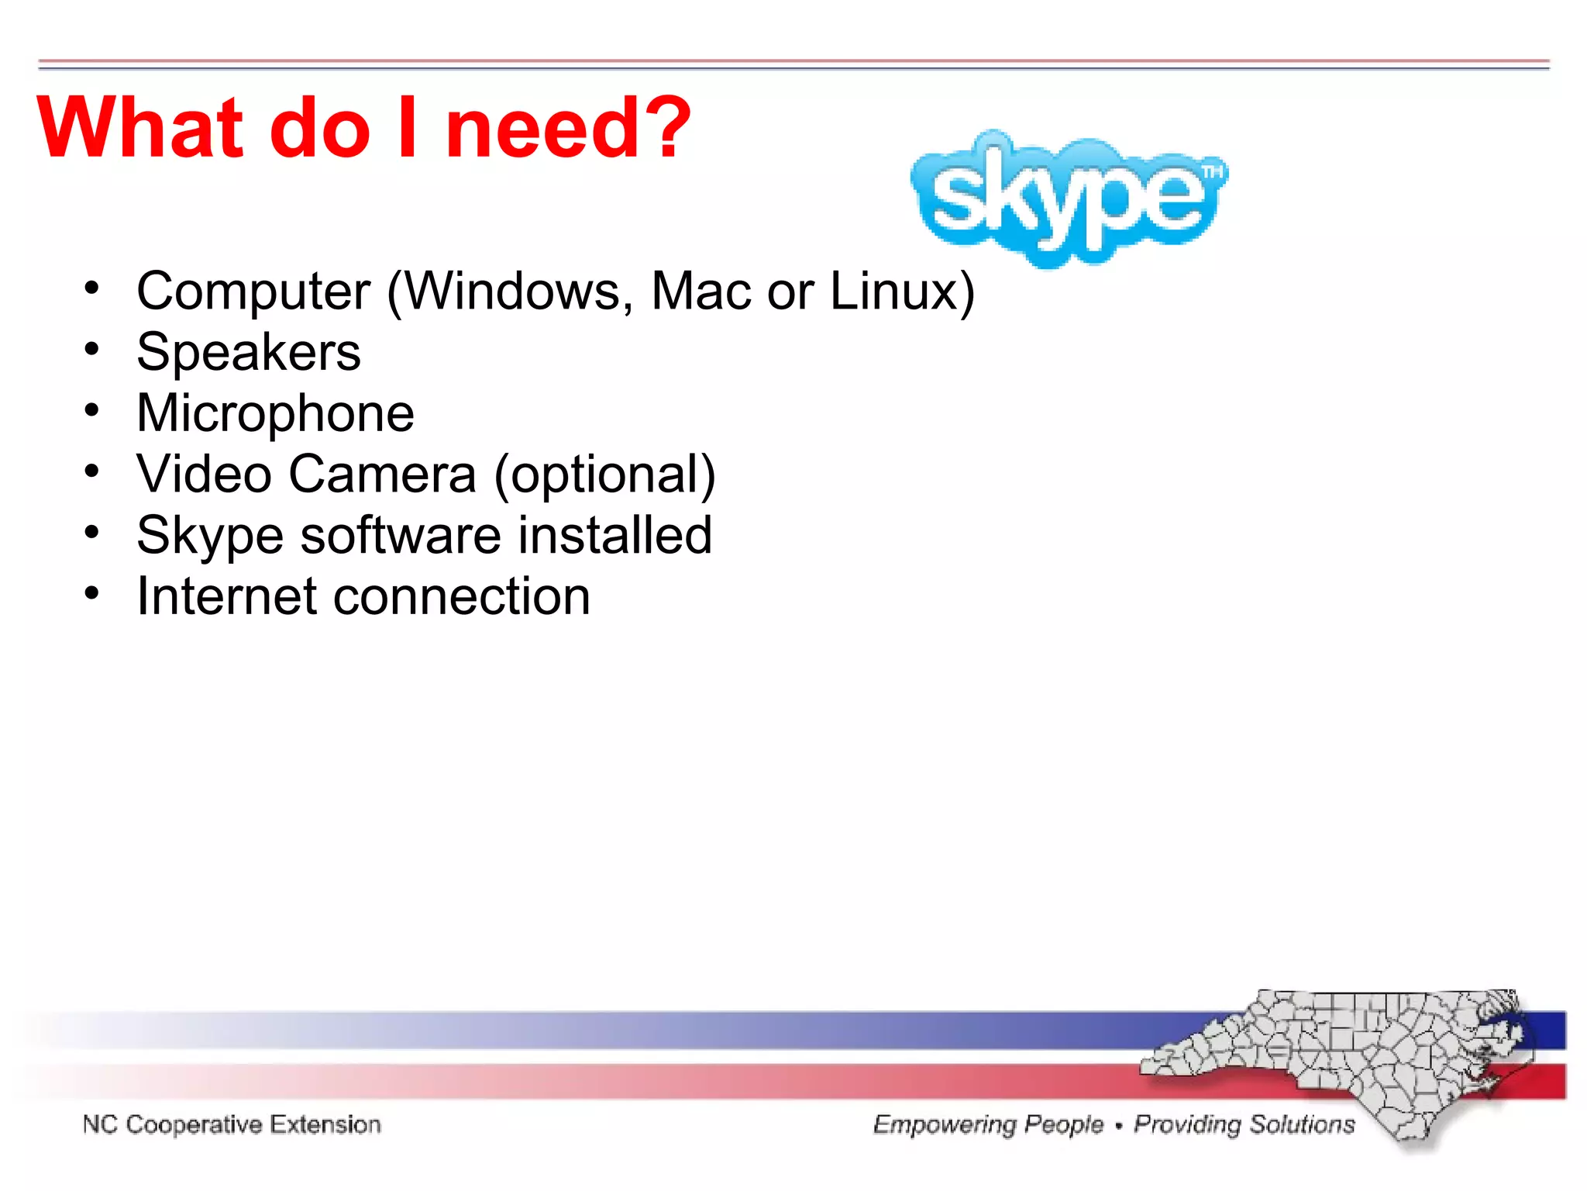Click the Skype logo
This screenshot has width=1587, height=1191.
coord(1068,198)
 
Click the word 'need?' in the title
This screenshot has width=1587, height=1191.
coord(567,128)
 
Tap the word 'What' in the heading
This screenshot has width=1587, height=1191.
coord(140,128)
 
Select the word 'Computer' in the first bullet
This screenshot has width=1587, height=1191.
coord(253,292)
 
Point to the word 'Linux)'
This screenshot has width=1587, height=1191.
coord(902,292)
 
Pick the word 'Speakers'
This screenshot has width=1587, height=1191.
coord(249,353)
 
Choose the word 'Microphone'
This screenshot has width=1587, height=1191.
coord(275,414)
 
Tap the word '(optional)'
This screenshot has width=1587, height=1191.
coord(604,475)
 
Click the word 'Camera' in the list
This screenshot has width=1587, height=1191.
coord(383,475)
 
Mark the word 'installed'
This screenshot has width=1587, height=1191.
coord(614,535)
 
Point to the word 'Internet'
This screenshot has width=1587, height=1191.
coord(226,596)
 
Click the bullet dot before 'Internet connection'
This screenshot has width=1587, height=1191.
coord(92,594)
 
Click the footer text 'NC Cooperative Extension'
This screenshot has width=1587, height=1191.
coord(232,1124)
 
